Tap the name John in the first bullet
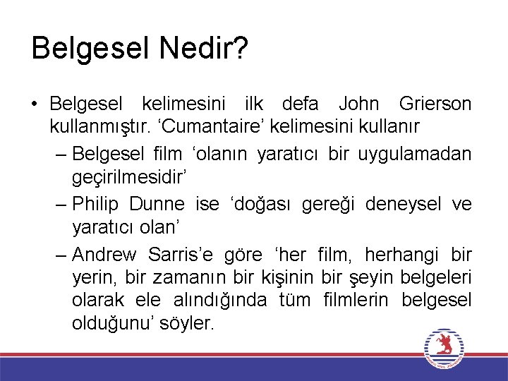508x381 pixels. pyautogui.click(x=358, y=104)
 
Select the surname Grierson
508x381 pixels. pyautogui.click(x=435, y=104)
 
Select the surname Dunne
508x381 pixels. pyautogui.click(x=157, y=204)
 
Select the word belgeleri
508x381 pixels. pyautogui.click(x=430, y=278)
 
